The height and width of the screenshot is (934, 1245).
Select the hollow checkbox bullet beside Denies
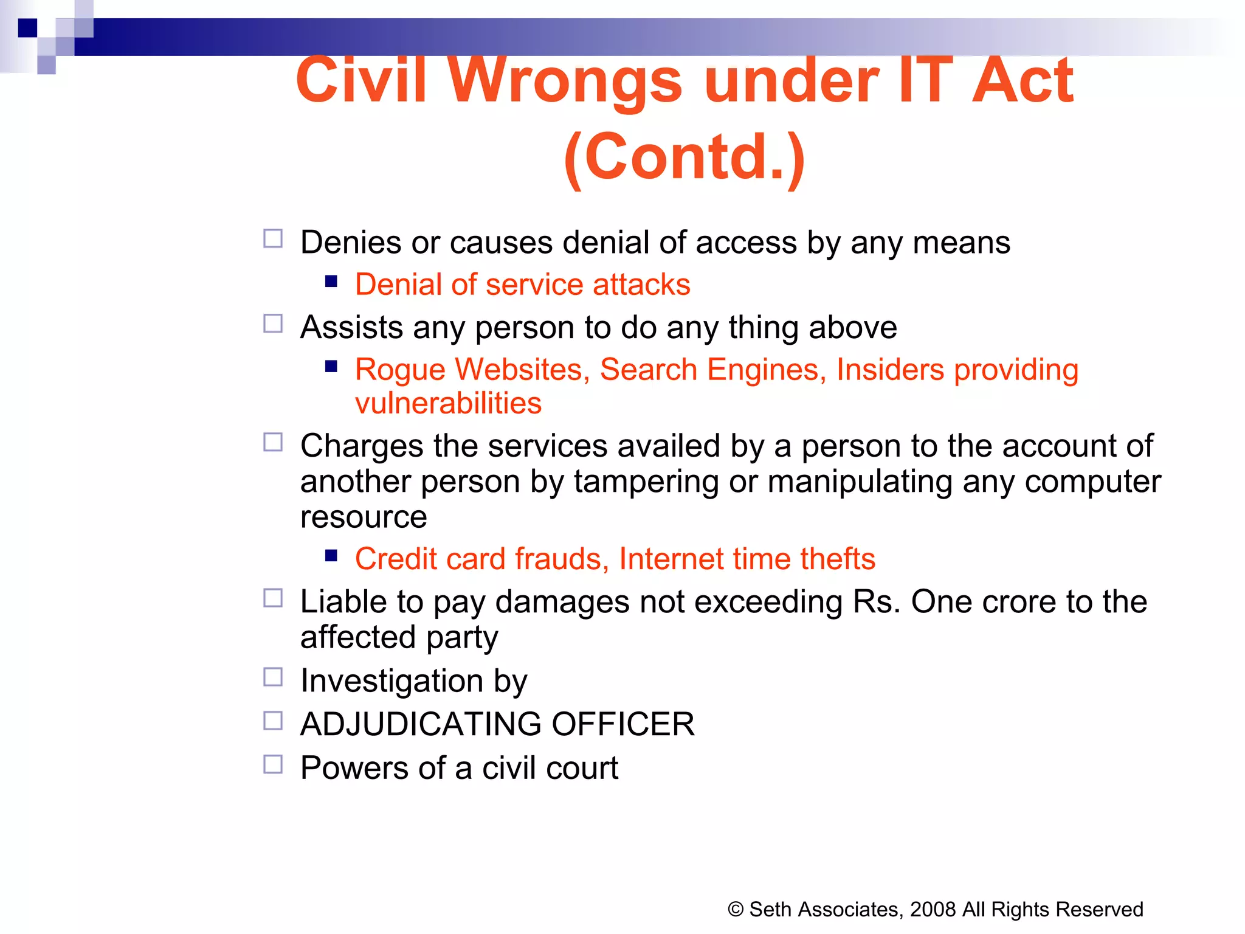(x=273, y=238)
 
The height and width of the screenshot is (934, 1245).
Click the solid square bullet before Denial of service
(x=331, y=281)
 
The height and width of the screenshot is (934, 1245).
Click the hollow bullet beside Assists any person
(x=273, y=323)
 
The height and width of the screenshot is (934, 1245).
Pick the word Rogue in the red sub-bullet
(x=400, y=370)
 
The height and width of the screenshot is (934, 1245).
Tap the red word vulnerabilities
(x=448, y=403)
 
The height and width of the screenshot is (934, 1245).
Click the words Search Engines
(x=709, y=370)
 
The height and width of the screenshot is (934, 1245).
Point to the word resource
(x=364, y=517)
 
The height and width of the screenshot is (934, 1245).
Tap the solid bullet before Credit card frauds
(x=331, y=555)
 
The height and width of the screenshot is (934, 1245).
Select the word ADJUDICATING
(x=421, y=724)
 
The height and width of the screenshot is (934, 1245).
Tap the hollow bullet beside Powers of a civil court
(x=273, y=764)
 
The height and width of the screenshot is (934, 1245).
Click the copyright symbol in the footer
(x=736, y=910)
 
